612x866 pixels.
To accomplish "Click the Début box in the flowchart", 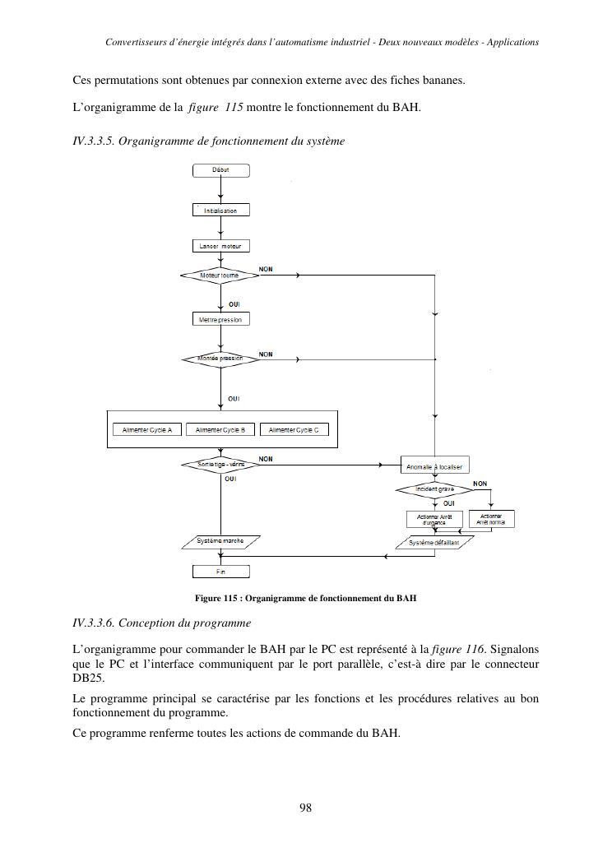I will [x=220, y=170].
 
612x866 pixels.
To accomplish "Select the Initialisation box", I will [x=220, y=211].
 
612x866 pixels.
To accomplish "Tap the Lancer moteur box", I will [x=220, y=246].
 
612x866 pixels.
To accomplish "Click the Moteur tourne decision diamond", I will [x=220, y=275].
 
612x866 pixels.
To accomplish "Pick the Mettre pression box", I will [x=220, y=319].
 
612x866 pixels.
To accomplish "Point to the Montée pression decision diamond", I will [x=220, y=359].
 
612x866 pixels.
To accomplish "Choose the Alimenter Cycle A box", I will [x=147, y=429].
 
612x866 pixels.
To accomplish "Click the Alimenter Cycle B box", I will [x=220, y=429].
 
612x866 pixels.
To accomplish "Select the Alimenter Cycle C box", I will [x=294, y=429].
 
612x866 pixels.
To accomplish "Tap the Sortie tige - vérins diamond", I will [x=220, y=465].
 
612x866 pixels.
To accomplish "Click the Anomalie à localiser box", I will [x=434, y=466].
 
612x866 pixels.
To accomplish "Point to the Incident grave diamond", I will [x=433, y=489].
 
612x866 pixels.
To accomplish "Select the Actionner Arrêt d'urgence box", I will [x=434, y=519].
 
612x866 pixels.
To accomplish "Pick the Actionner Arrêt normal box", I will [x=491, y=519].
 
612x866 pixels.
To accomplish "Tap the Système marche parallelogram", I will [x=220, y=541].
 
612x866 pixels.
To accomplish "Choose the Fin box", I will [x=220, y=571].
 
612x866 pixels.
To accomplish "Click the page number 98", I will [x=305, y=808].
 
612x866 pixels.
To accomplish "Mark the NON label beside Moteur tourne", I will [x=266, y=269].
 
